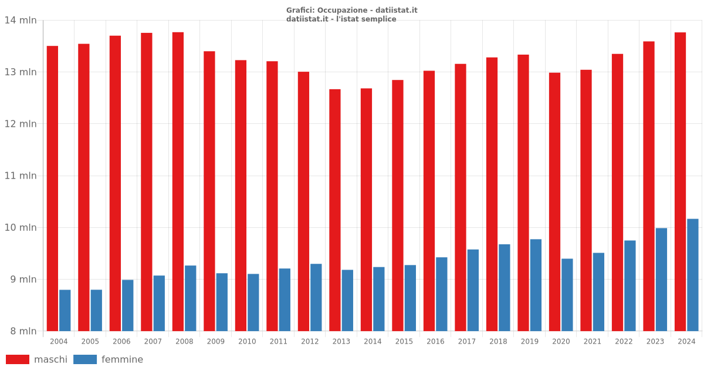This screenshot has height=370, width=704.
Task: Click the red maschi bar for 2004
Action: [52, 188]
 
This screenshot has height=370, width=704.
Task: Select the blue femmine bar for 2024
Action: [693, 275]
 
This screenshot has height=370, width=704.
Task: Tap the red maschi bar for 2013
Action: [335, 210]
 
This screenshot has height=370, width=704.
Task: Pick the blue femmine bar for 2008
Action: [191, 298]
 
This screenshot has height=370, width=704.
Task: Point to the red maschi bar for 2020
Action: [554, 201]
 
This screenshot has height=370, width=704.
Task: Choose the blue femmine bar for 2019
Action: [536, 285]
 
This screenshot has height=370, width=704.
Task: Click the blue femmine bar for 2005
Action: [96, 310]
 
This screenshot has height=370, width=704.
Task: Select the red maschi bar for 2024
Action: [680, 181]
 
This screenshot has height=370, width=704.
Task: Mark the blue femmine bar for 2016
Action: [441, 294]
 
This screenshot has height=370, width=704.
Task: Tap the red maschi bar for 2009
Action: [209, 191]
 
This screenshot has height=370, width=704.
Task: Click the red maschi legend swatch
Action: [18, 359]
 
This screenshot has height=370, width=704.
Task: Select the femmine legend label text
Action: [122, 359]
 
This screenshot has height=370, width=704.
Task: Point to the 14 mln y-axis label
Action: [21, 21]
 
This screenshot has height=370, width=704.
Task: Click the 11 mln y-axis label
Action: [21, 176]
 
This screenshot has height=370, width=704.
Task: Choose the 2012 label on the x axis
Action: [310, 341]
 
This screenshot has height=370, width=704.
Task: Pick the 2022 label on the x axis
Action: [624, 341]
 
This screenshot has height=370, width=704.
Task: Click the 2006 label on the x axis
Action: [121, 341]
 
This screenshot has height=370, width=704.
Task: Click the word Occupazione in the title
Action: [341, 10]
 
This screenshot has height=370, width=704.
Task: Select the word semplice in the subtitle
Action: [379, 19]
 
